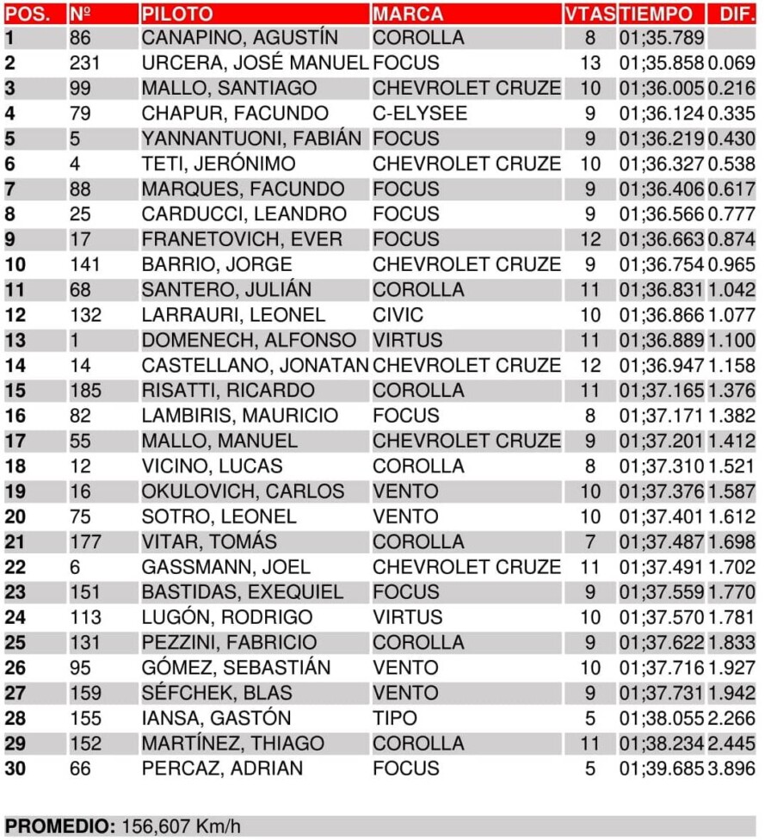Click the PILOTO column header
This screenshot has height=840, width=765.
[176, 14]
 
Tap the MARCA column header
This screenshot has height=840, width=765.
[408, 14]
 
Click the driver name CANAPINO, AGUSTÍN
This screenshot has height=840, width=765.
[239, 38]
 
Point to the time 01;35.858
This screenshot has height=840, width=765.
[661, 63]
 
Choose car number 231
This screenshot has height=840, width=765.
[85, 63]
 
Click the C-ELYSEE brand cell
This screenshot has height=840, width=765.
[419, 114]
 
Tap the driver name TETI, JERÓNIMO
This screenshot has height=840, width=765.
[218, 164]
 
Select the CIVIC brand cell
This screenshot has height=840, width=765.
[398, 315]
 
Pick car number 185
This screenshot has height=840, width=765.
[85, 390]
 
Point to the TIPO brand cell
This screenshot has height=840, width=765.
[394, 718]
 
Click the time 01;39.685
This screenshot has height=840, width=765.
[661, 768]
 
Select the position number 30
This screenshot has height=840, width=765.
[15, 768]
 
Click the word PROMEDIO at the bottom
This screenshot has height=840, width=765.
[59, 827]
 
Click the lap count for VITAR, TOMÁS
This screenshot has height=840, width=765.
[589, 541]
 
